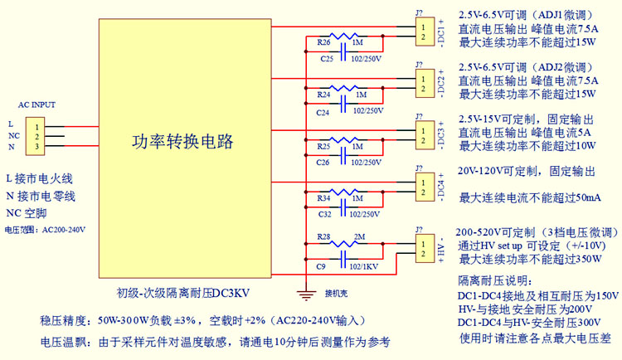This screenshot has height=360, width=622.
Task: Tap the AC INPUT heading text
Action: coord(36,105)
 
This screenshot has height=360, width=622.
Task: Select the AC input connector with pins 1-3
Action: coord(37,135)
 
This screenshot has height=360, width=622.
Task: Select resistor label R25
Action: coord(324,146)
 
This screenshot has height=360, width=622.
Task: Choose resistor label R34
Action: coord(324,199)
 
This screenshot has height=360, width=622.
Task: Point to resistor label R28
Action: coord(324,238)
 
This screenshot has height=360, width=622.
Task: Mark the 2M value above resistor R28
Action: coord(358,237)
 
